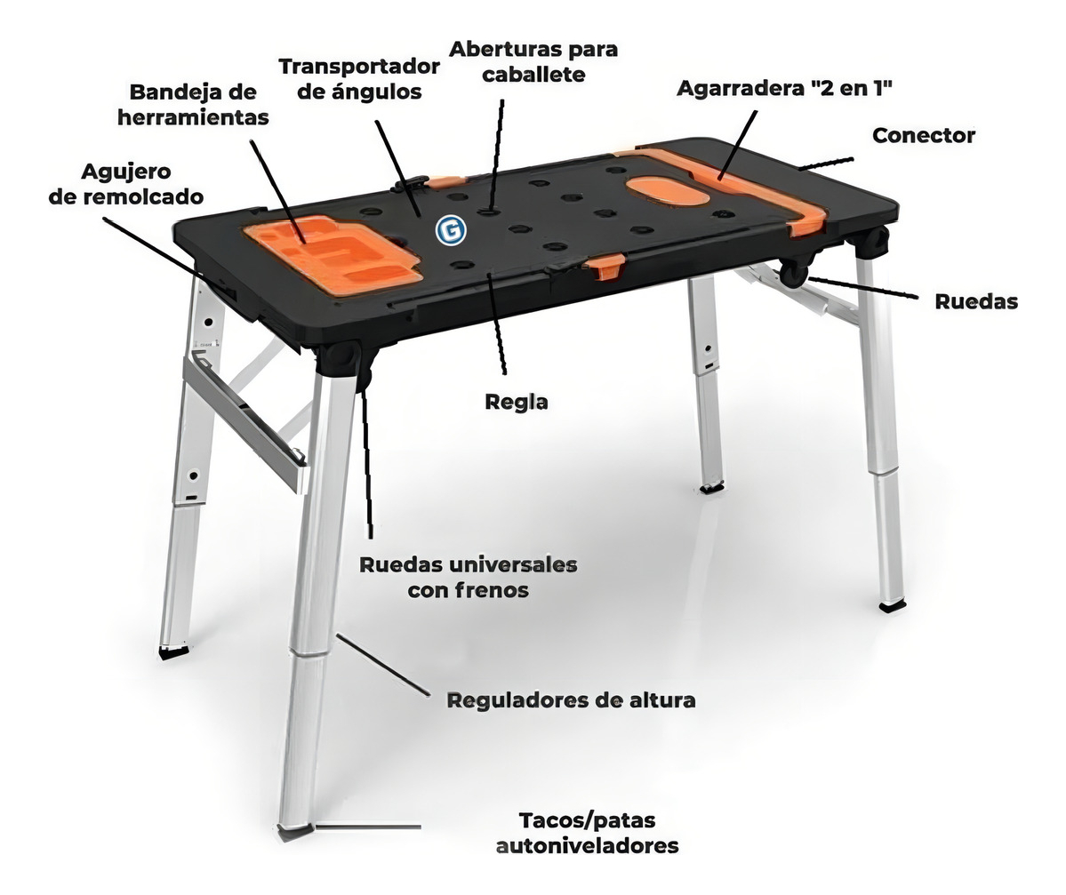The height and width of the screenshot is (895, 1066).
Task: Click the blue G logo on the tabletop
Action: (451, 230)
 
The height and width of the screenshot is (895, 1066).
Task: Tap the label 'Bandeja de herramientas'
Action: (193, 105)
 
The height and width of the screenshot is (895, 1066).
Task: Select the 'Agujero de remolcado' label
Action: (125, 183)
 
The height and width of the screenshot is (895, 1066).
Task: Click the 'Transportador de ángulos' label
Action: (359, 79)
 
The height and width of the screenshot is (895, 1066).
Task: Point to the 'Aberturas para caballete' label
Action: (533, 61)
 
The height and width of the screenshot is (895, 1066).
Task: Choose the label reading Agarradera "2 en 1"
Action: (784, 88)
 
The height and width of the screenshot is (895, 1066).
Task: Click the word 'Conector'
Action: (923, 135)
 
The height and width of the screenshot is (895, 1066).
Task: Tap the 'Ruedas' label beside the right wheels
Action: (976, 301)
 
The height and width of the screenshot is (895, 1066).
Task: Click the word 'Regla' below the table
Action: (516, 402)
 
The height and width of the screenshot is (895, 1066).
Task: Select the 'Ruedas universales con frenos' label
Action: (469, 577)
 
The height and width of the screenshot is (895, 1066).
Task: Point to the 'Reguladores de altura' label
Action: (571, 700)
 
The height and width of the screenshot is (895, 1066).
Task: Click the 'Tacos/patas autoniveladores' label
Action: (588, 833)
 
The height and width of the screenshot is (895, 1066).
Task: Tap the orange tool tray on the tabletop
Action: (333, 253)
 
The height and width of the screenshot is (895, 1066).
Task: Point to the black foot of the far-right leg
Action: (891, 604)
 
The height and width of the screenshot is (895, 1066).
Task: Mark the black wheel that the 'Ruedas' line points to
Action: (794, 272)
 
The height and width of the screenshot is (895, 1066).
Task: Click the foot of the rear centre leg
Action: (712, 486)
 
